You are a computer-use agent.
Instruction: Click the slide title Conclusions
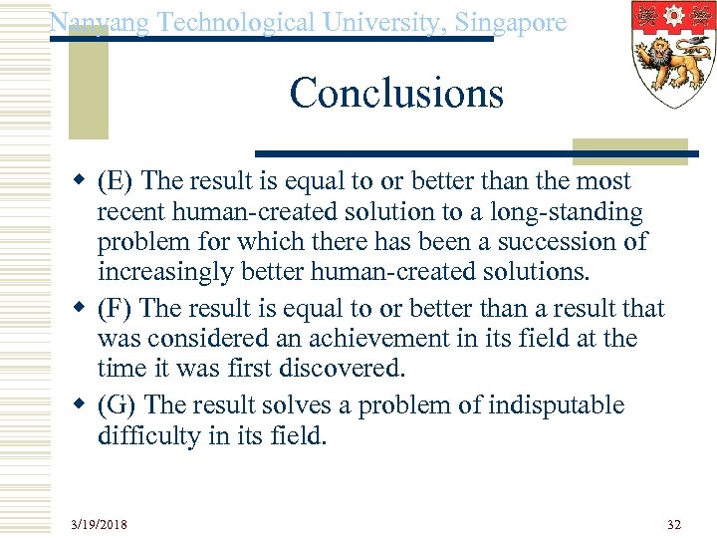(396, 94)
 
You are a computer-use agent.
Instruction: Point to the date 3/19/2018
(99, 524)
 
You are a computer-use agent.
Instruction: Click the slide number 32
(674, 524)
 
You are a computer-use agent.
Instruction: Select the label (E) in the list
(117, 181)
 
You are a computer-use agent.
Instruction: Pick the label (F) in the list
(116, 309)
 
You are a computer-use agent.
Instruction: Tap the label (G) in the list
(118, 405)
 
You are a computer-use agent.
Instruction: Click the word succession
(560, 242)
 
